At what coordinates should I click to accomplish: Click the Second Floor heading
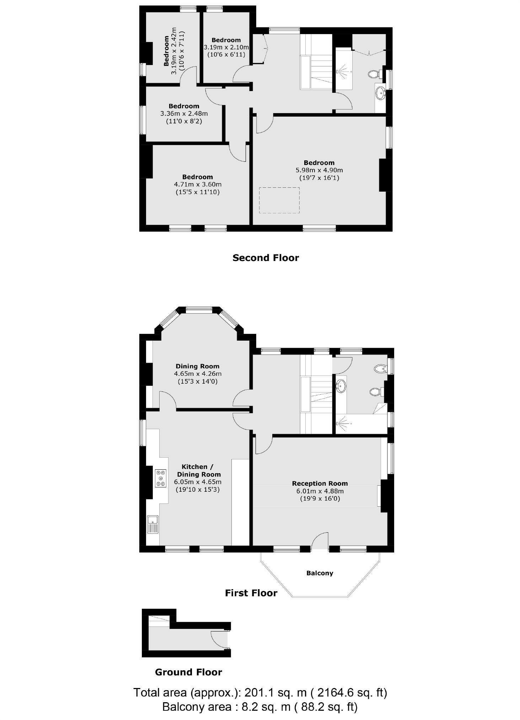tap(266, 258)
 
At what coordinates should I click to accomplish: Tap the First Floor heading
tap(251, 593)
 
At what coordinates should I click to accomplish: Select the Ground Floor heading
tap(188, 672)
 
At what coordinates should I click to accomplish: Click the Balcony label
tap(320, 573)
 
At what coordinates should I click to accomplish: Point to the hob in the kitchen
tap(161, 478)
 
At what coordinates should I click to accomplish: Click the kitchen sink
tap(153, 524)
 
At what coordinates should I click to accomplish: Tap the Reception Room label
tap(320, 483)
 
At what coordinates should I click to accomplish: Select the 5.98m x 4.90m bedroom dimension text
tap(319, 170)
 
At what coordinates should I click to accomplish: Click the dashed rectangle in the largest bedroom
tap(279, 200)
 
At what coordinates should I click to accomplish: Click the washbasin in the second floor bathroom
tap(380, 94)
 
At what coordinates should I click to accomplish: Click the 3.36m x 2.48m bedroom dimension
tap(184, 114)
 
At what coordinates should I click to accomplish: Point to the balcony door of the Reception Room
tap(320, 540)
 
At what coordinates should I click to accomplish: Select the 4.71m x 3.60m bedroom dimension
tap(197, 184)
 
